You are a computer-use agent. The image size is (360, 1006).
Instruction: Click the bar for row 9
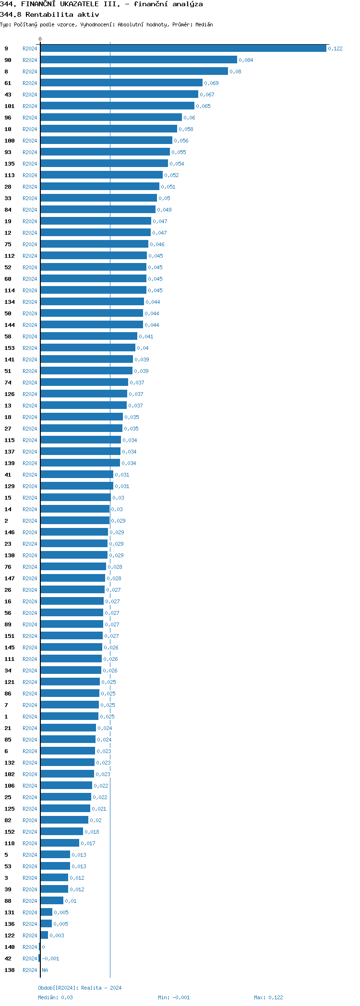click(183, 48)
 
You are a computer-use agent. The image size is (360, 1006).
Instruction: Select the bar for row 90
click(139, 60)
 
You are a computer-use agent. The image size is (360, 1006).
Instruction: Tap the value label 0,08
click(235, 72)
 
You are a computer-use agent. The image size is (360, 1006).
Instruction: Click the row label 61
click(8, 83)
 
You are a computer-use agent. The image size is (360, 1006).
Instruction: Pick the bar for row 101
click(117, 106)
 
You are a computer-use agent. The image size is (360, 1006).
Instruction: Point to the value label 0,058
click(186, 129)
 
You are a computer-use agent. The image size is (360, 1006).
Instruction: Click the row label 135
click(10, 164)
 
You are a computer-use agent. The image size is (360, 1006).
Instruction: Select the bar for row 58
click(89, 336)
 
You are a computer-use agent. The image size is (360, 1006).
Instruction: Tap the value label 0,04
click(143, 348)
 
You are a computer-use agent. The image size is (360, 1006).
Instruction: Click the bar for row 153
click(88, 348)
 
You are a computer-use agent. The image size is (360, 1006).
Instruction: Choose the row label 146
click(10, 532)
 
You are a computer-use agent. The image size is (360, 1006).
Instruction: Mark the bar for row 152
click(61, 832)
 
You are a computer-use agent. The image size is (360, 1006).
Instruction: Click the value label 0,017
click(88, 843)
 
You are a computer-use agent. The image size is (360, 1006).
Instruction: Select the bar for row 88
click(52, 901)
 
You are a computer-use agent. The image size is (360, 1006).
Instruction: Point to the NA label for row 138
click(45, 970)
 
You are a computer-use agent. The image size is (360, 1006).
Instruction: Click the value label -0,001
click(50, 958)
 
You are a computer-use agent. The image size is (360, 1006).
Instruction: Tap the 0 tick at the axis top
click(40, 39)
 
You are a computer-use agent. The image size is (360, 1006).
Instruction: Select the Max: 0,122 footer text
click(268, 997)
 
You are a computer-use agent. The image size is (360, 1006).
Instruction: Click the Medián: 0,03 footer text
click(56, 997)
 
